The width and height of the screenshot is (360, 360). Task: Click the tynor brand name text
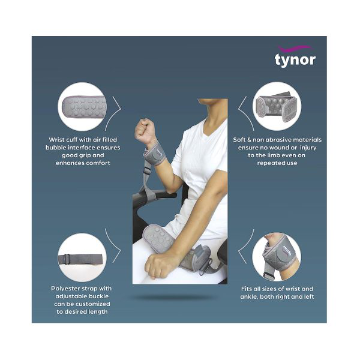click(295, 59)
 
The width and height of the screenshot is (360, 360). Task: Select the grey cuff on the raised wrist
click(154, 155)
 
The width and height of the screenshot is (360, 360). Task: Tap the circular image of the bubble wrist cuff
click(83, 106)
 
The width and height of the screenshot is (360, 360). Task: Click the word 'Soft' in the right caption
click(241, 139)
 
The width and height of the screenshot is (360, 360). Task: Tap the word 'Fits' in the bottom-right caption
click(245, 289)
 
